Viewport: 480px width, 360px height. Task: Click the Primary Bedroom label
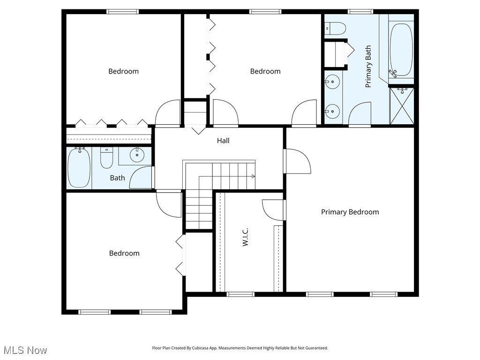pyautogui.click(x=350, y=212)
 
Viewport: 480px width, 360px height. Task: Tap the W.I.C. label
pyautogui.click(x=245, y=237)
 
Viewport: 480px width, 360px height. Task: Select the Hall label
pyautogui.click(x=223, y=141)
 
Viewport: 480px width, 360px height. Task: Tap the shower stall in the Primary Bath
pyautogui.click(x=402, y=105)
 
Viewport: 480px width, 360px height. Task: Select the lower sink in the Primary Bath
pyautogui.click(x=332, y=111)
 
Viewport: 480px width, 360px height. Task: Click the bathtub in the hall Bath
pyautogui.click(x=79, y=167)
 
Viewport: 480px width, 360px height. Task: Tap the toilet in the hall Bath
pyautogui.click(x=107, y=158)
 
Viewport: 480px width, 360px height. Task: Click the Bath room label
pyautogui.click(x=117, y=178)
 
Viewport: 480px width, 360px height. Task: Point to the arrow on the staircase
pyautogui.click(x=253, y=176)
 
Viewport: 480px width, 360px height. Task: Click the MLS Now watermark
pyautogui.click(x=25, y=350)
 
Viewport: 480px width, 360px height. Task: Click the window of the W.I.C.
pyautogui.click(x=240, y=294)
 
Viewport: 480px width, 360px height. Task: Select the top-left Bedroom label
pyautogui.click(x=123, y=71)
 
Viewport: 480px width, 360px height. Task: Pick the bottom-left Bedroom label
pyautogui.click(x=124, y=253)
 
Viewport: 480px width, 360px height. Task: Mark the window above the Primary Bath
pyautogui.click(x=360, y=11)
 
